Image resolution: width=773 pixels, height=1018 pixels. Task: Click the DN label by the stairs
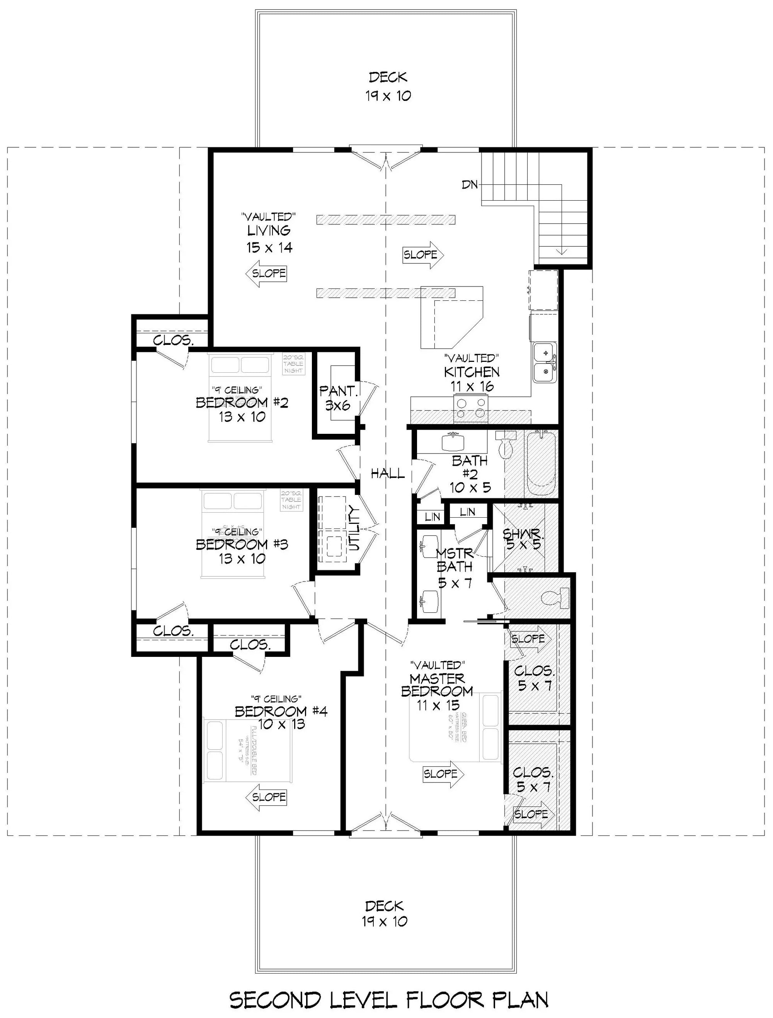[x=469, y=184]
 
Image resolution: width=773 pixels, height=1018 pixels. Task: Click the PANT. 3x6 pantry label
[x=338, y=398]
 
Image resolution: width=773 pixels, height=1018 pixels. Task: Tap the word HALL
[x=387, y=473]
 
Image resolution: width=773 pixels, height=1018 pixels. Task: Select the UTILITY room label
[x=354, y=528]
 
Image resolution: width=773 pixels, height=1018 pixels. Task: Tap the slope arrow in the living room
[x=266, y=273]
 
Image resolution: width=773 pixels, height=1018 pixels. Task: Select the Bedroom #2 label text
[x=242, y=403]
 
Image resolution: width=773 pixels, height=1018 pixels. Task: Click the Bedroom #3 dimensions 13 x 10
[x=242, y=559]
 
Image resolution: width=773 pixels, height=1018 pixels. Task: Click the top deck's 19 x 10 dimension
[x=388, y=96]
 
